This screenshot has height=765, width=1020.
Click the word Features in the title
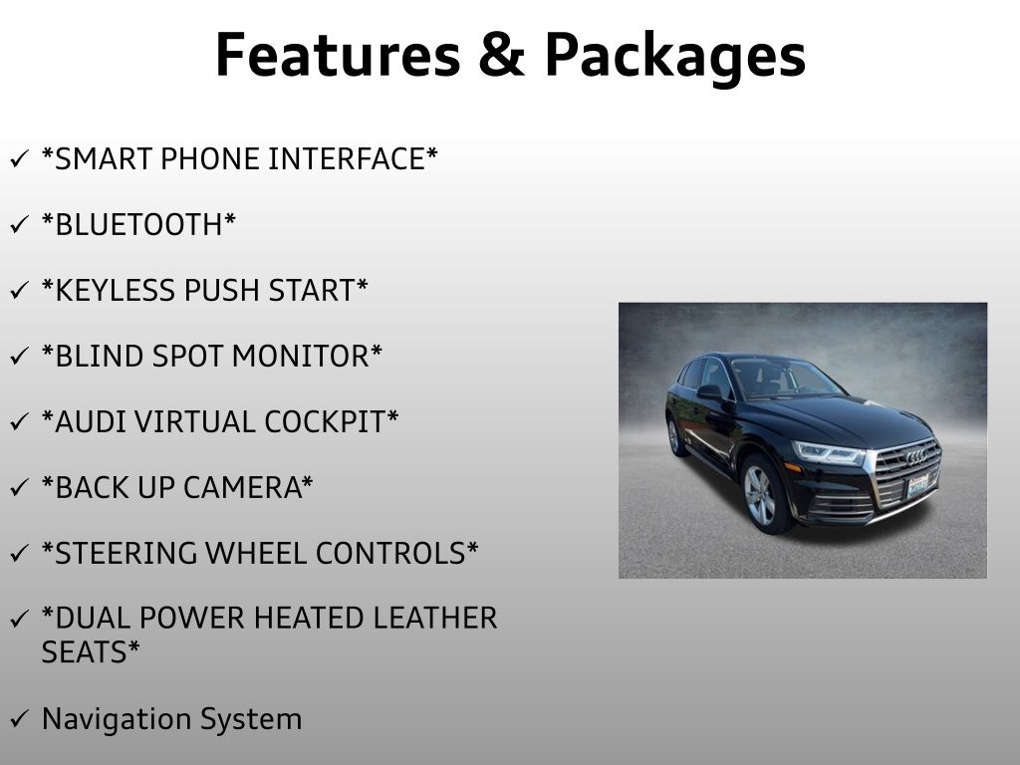point(338,55)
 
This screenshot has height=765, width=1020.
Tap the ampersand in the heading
point(502,55)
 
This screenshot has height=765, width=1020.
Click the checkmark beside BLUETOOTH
point(20,224)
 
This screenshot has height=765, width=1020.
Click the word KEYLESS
point(116,290)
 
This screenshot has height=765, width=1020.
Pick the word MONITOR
point(301,356)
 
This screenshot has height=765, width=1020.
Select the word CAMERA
point(242,487)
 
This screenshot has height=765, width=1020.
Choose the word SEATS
point(85,651)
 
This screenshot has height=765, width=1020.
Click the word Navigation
point(116,720)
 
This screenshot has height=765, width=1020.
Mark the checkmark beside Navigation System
point(20,719)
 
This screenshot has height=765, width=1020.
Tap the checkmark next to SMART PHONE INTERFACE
point(20,158)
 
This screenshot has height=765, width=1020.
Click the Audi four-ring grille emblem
point(916,456)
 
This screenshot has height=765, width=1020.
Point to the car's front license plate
point(917,485)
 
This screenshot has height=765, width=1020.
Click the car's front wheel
point(763,494)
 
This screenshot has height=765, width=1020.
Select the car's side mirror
point(709,391)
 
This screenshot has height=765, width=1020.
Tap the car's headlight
point(828,453)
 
